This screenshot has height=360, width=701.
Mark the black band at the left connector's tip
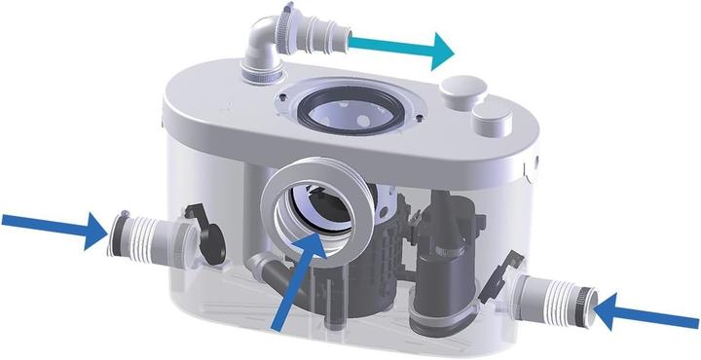[119, 233]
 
